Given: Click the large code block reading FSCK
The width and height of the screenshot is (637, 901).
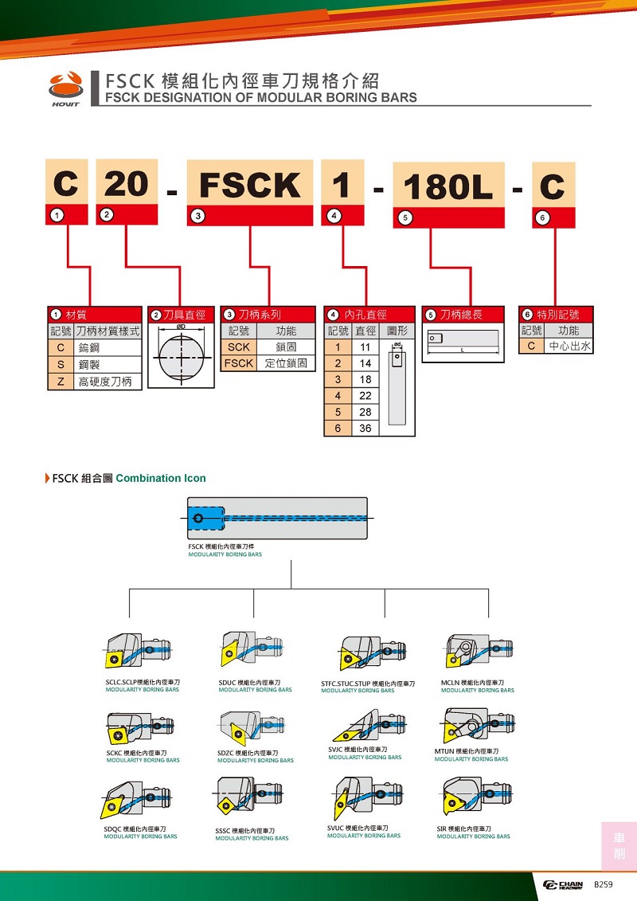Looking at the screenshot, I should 250,185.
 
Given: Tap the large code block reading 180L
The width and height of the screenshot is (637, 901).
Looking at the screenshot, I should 448,186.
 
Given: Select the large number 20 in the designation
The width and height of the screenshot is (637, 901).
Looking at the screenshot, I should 127,184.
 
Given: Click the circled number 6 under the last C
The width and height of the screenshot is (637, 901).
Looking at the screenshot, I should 543,217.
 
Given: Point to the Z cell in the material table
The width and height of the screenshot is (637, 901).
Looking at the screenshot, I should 60,382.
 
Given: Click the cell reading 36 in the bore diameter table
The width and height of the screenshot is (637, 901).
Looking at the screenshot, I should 365,428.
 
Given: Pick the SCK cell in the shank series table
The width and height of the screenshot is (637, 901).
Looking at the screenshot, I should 238,347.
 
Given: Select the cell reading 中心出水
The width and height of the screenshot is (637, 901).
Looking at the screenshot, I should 569,347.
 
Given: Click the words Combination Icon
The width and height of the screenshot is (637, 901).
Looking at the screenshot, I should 161,479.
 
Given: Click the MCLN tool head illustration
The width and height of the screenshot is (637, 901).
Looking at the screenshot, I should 477,651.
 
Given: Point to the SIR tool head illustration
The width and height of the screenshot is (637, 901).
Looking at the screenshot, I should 475,797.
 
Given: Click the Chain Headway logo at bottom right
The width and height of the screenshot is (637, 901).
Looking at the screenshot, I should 563,885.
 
